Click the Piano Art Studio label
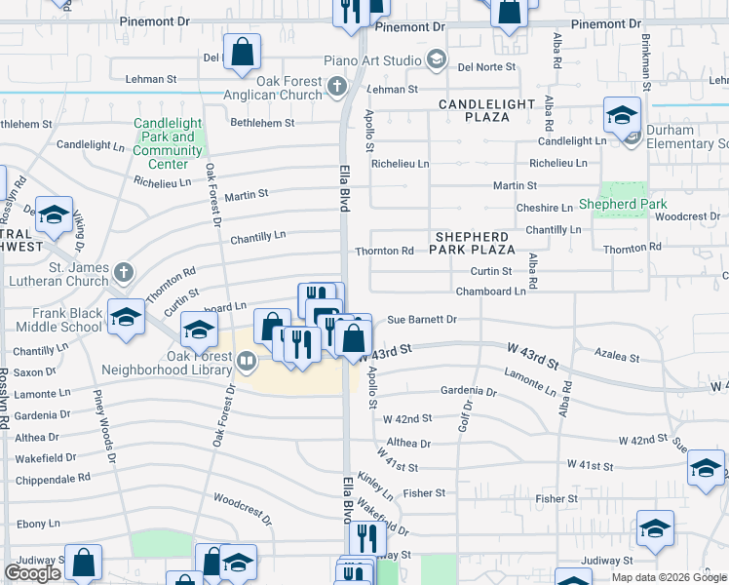[x=382, y=60]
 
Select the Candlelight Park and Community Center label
[x=168, y=143]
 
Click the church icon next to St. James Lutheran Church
[x=123, y=270]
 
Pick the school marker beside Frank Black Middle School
[x=126, y=317]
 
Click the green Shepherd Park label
[x=622, y=204]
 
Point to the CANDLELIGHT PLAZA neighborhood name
[x=486, y=110]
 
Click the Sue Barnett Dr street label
[x=422, y=319]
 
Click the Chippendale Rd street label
[x=58, y=478]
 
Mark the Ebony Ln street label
[x=38, y=524]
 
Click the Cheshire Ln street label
[x=545, y=208]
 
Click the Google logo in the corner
[x=33, y=573]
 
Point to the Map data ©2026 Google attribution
[x=668, y=577]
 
